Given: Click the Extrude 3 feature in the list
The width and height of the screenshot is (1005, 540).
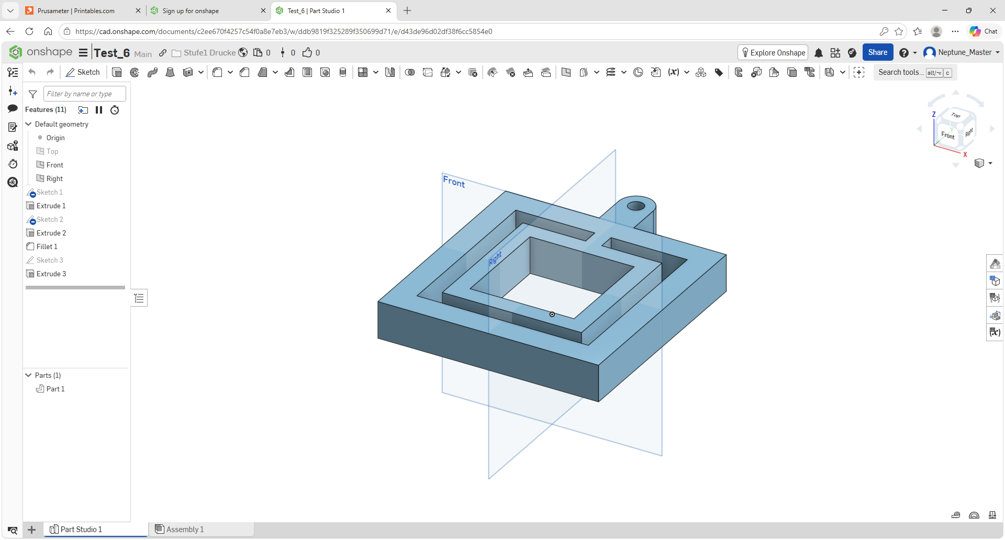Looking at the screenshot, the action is pos(51,274).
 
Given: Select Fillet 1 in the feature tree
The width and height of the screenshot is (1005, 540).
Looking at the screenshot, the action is pos(47,246).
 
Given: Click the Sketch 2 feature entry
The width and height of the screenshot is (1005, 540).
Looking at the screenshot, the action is pos(49,219).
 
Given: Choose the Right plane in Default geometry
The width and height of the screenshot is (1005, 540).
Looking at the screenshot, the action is pos(54,178).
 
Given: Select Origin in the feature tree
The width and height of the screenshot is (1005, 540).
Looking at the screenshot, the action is pos(55,138).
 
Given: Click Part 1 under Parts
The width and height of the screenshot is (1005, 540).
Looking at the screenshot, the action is pos(55,389).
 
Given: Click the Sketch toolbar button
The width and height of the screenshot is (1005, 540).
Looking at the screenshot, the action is pos(83,72).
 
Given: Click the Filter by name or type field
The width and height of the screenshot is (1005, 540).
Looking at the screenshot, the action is pos(84,94).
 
